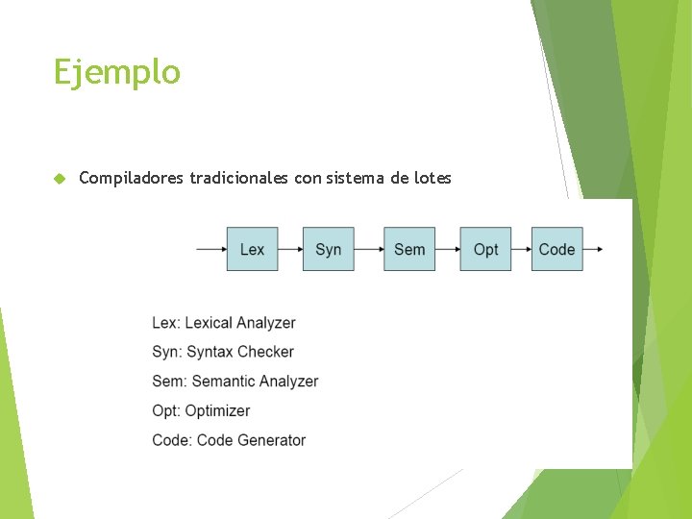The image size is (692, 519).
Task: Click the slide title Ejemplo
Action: (116, 73)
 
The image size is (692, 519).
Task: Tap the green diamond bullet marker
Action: (59, 179)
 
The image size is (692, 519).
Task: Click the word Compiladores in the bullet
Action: (132, 178)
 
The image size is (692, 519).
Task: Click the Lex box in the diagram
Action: (252, 249)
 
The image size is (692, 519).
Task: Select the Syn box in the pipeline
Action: (328, 249)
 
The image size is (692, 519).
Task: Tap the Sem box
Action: (409, 249)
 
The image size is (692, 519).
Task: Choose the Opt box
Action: (485, 249)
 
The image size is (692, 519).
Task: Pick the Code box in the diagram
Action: (556, 249)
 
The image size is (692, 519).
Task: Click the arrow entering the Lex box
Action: (210, 249)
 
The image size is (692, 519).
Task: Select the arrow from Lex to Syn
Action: (290, 249)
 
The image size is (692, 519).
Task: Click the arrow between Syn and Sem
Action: (369, 249)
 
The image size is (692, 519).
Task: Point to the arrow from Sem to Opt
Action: (448, 249)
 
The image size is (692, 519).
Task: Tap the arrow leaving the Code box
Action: (594, 249)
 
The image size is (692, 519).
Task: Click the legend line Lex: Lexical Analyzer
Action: (223, 323)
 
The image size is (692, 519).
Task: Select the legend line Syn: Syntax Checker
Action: (222, 352)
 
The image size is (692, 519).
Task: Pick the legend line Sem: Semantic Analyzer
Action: (235, 382)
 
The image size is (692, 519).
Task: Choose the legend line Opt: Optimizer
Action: (200, 411)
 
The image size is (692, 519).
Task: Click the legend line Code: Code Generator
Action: (228, 440)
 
